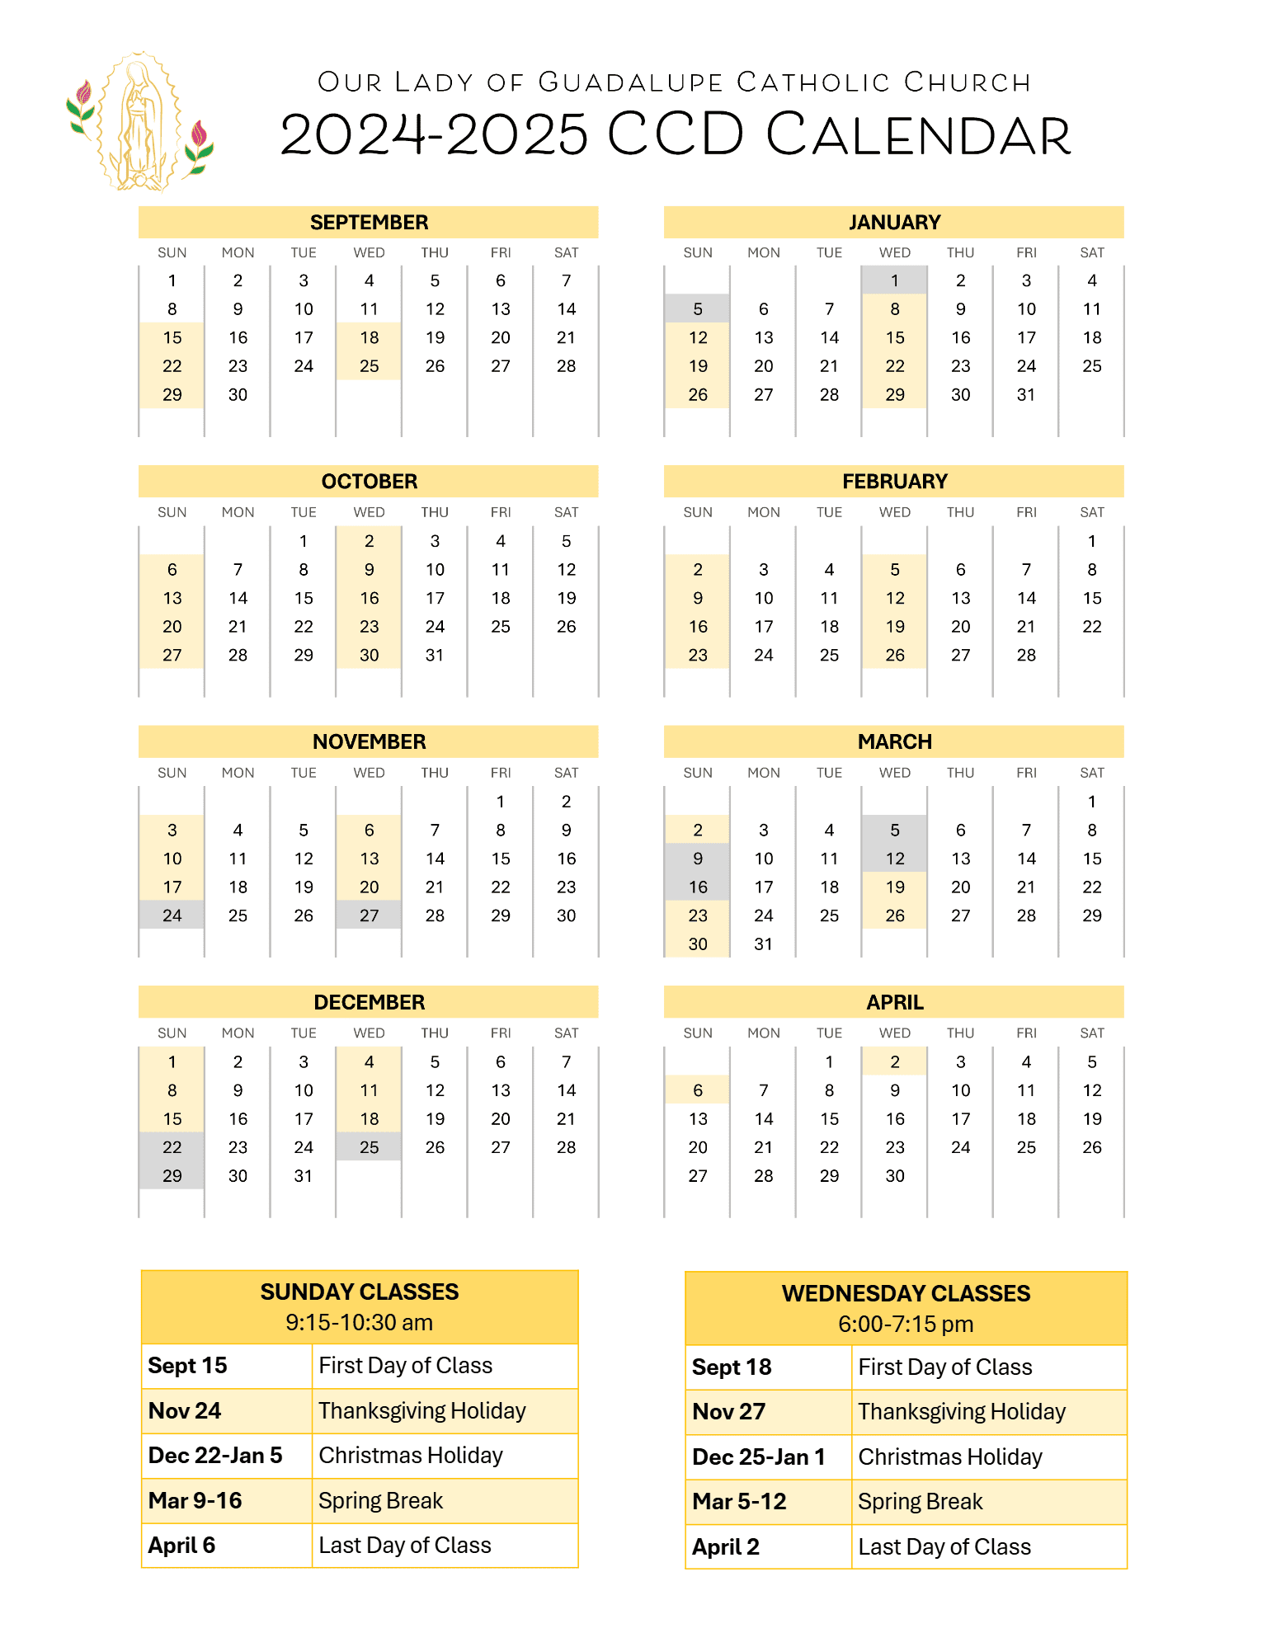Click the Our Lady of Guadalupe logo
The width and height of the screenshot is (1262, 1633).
pos(139,122)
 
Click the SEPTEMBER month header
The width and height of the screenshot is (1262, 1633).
pos(369,222)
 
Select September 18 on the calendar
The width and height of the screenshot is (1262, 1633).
pos(369,337)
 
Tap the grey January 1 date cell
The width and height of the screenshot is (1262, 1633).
pos(894,280)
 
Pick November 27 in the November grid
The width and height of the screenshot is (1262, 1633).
pos(369,915)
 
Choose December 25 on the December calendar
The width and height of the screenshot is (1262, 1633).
pos(369,1147)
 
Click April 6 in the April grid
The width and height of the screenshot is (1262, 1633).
pos(698,1090)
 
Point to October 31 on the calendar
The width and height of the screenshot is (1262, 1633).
pos(435,655)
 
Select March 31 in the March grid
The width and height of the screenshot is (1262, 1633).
pos(763,944)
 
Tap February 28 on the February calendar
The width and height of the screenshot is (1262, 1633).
pos(1026,655)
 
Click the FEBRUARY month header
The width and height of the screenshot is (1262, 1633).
pos(894,482)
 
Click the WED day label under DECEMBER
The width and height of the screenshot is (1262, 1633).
pos(369,1033)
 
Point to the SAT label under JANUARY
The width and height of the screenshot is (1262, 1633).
pos(1091,252)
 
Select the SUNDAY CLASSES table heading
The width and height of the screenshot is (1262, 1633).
pos(360,1292)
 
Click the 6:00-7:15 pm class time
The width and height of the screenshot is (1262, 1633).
pos(906,1324)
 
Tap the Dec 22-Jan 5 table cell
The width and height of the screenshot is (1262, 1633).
pos(215,1456)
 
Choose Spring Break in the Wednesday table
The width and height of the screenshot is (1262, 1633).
pos(921,1502)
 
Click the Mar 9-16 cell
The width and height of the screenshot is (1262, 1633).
pos(195,1500)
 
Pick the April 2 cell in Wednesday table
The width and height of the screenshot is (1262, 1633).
pos(726,1547)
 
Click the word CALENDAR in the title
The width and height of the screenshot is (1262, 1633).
pos(918,135)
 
